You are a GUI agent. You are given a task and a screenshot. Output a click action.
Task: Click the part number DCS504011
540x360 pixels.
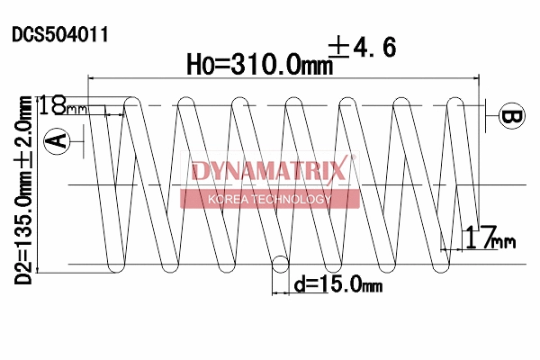[x=60, y=35]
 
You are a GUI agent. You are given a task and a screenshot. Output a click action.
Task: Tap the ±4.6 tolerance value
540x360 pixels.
[x=364, y=48]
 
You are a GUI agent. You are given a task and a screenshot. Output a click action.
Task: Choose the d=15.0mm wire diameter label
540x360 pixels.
[x=338, y=285]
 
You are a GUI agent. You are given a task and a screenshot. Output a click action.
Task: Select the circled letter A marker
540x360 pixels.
[x=57, y=139]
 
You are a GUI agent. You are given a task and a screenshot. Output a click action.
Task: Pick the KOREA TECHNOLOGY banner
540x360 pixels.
[x=269, y=199]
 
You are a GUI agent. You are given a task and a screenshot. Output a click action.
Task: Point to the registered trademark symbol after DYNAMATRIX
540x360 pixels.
[x=353, y=158]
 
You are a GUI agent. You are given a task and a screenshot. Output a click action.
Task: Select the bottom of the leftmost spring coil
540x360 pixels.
[x=115, y=269]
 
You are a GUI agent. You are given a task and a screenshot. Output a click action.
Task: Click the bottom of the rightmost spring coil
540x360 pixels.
[x=440, y=269]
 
